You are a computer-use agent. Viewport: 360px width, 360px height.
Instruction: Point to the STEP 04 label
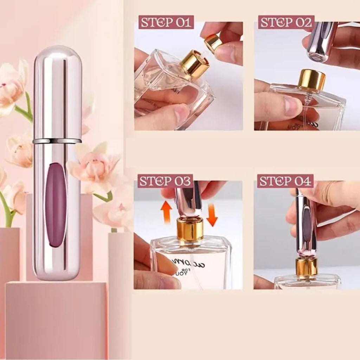(x=285, y=181)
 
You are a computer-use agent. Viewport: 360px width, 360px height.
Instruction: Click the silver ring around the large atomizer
(x=57, y=141)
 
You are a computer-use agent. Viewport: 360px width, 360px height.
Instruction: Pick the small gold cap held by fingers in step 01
(x=213, y=43)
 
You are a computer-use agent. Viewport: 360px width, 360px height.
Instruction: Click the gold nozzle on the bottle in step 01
(x=195, y=63)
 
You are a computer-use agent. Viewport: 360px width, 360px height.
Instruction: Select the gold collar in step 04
(x=306, y=267)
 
